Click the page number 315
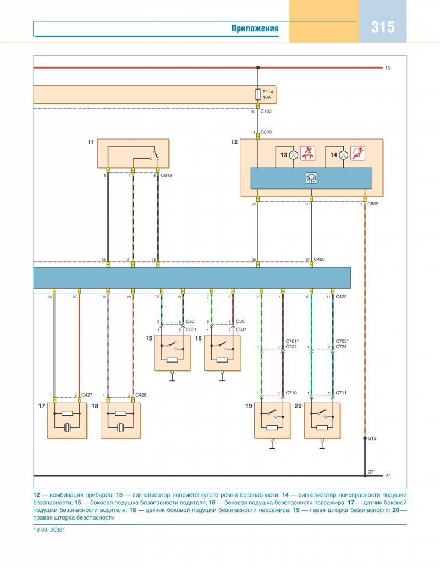coord(383,27)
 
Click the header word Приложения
coord(255,29)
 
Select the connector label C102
coord(267,112)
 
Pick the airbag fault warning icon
coord(358,154)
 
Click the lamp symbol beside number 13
coord(294,155)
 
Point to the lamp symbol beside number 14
coord(343,155)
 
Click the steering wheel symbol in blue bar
coord(311,178)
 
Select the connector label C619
coord(166,176)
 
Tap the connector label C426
coord(320,259)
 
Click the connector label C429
coord(342,297)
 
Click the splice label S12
coord(372,438)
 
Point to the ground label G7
coord(371,471)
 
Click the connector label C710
coord(292,393)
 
